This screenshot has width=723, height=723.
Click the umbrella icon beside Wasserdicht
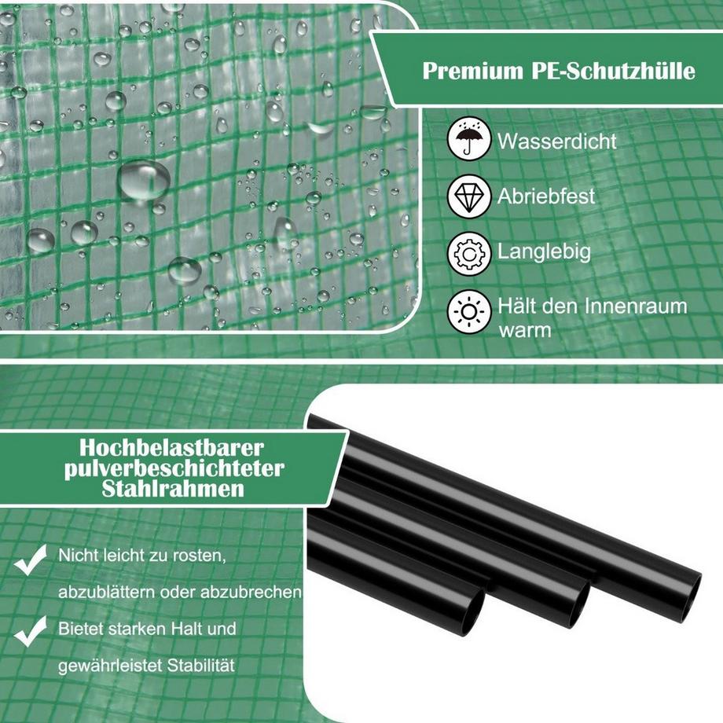click(x=469, y=138)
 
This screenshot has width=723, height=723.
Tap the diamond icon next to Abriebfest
click(x=469, y=196)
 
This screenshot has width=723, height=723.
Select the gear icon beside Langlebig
click(x=469, y=254)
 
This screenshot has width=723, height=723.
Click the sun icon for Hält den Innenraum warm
click(x=469, y=312)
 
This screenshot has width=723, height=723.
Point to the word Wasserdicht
click(x=557, y=141)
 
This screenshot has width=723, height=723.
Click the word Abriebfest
click(x=546, y=196)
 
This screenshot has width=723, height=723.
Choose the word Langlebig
click(x=544, y=252)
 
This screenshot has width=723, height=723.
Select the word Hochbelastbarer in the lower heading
click(x=171, y=447)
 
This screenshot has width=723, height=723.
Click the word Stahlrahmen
click(x=173, y=489)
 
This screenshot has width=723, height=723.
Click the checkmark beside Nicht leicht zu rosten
click(x=31, y=560)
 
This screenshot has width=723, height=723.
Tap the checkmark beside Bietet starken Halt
click(x=31, y=631)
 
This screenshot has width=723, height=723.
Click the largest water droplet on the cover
click(x=144, y=180)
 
